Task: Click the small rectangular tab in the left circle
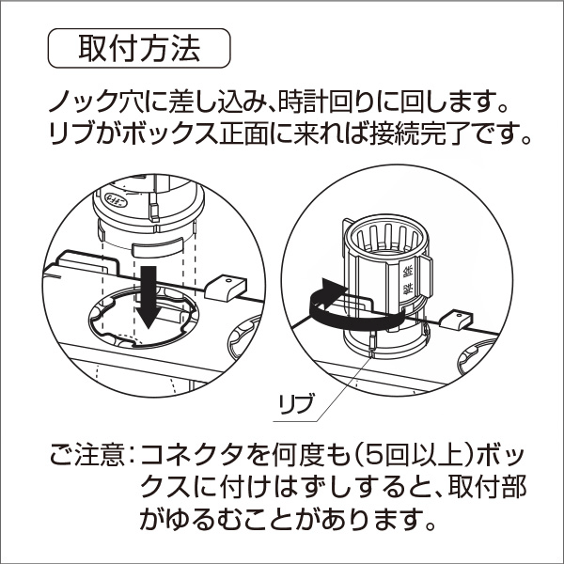[226, 285]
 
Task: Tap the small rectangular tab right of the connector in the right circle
[455, 320]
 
